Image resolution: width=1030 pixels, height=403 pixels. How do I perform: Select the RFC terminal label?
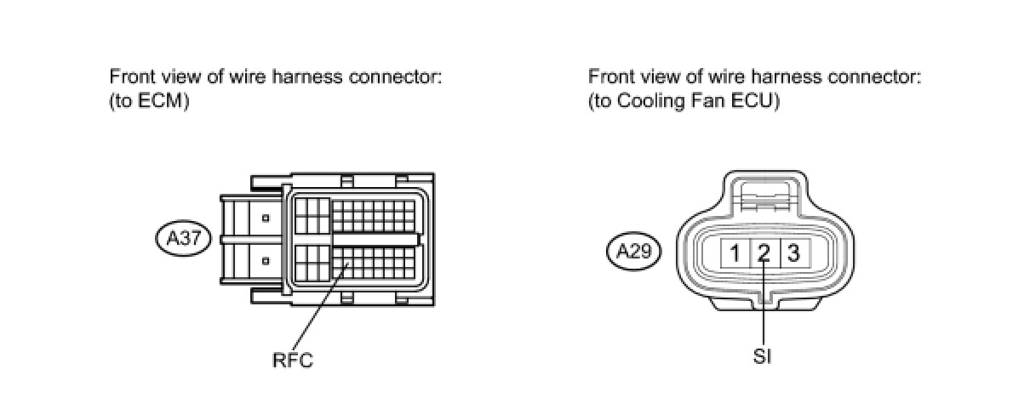(292, 360)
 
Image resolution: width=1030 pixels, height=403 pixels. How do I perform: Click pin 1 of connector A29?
(734, 253)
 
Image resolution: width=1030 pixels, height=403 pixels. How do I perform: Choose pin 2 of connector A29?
(764, 253)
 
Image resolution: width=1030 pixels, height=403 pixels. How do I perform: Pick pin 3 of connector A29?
(793, 253)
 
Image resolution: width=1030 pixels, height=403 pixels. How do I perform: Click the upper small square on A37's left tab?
(266, 219)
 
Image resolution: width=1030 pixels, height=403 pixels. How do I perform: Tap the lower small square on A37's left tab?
(266, 260)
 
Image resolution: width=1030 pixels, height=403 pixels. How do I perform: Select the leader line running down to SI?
(764, 306)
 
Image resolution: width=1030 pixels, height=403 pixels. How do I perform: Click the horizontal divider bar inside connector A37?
(375, 241)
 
